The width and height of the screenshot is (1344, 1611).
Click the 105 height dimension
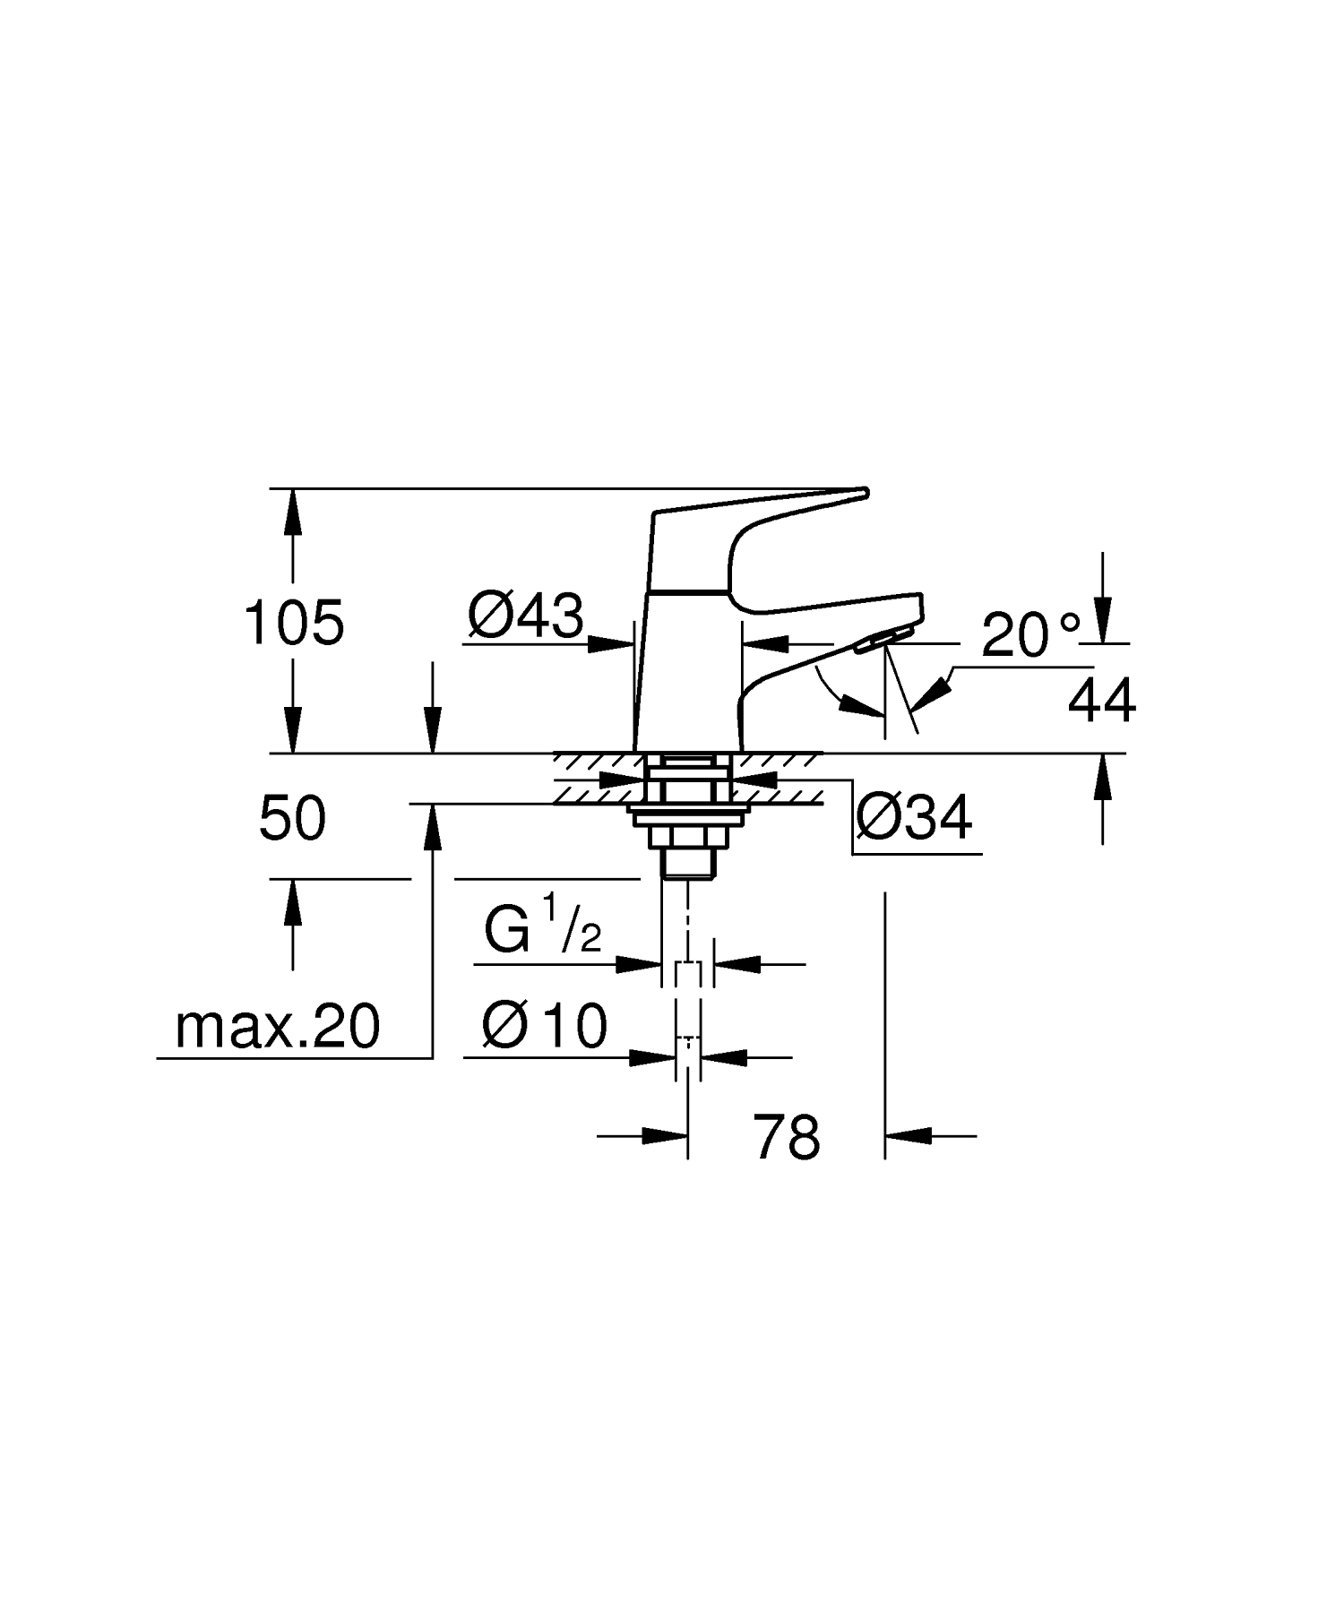point(294,623)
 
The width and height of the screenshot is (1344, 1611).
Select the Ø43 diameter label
point(525,616)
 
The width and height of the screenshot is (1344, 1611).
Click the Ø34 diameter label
point(913,817)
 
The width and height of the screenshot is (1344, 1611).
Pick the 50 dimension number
point(292,819)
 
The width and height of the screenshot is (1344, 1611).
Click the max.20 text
point(277,1027)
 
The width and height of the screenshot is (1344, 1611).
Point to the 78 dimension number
point(786,1137)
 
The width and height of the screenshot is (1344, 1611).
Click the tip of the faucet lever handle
point(862,492)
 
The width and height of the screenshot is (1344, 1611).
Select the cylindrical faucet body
point(686,672)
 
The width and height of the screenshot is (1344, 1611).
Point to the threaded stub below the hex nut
point(687,862)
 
